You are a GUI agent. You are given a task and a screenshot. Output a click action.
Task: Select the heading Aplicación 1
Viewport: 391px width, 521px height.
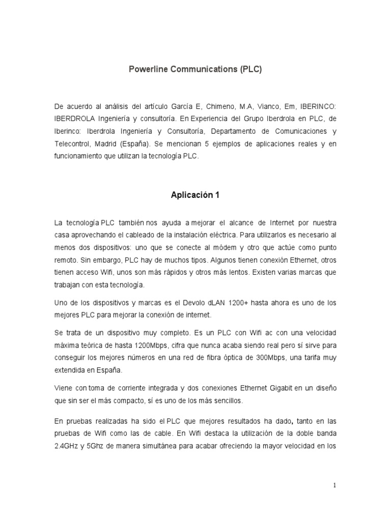(195, 194)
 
